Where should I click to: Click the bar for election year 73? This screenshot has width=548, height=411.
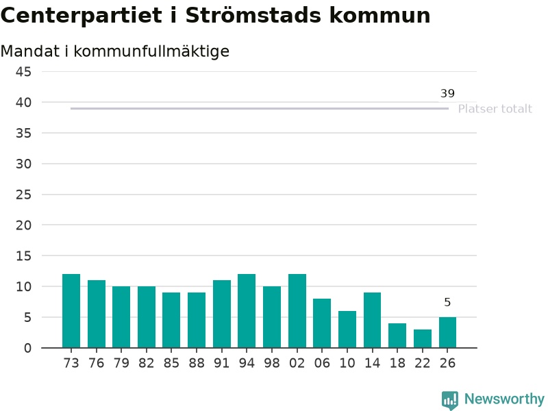pos(71,311)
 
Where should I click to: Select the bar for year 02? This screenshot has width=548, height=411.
pos(297,311)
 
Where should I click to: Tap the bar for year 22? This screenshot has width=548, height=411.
pos(423,338)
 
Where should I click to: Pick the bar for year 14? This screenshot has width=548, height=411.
pos(372,320)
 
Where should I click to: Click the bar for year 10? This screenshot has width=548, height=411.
pos(347,329)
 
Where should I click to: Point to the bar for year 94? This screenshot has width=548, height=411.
pos(247,311)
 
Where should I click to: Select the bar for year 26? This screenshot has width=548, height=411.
pos(448,332)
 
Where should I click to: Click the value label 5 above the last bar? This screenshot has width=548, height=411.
pos(447,302)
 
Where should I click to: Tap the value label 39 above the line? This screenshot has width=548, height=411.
pos(447,93)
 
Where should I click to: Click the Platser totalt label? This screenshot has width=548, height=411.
pos(495,109)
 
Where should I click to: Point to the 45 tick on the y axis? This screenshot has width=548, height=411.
pos(23,72)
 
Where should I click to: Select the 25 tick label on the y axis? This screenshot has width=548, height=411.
pos(23,195)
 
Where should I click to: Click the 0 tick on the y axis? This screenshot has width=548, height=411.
pos(27,348)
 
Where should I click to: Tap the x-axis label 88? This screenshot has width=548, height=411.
pos(197,363)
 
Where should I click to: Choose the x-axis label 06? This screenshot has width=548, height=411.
pos(322,363)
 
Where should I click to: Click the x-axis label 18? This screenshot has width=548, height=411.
pos(397,363)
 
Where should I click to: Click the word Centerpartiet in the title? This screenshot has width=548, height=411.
pos(82,16)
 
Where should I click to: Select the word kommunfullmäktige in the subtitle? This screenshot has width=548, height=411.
pos(151,51)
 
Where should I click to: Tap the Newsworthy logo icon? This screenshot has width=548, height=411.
pos(450,400)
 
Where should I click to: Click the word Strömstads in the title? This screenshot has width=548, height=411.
pos(253,15)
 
